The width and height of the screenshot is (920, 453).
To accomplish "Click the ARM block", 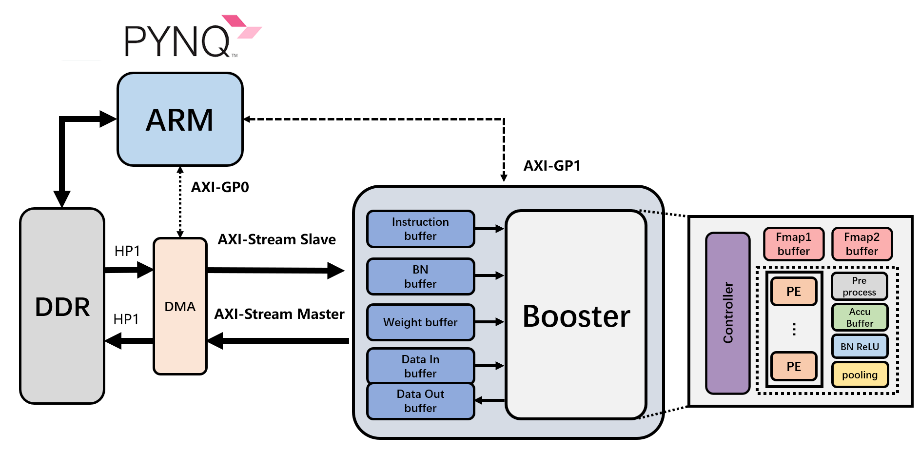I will click(180, 119).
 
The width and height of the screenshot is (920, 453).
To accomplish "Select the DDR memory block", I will click(62, 306).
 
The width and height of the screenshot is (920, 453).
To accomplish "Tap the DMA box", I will click(180, 306).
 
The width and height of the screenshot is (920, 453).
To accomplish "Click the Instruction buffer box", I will click(420, 229).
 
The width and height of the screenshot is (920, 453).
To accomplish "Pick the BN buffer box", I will click(420, 276).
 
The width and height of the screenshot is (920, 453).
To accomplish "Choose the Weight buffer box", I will click(420, 322).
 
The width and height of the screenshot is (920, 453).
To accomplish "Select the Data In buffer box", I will click(420, 366).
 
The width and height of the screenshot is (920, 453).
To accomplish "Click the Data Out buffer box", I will click(420, 401).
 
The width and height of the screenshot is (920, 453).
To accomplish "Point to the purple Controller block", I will click(727, 313).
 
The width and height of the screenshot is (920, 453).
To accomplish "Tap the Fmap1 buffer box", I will click(793, 244).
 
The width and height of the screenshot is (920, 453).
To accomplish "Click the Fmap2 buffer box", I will click(861, 244).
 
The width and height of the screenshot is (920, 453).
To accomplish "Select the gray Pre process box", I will click(859, 286).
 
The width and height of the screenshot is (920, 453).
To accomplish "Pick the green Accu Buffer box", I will click(859, 317).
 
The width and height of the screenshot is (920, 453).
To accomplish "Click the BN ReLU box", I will click(859, 347).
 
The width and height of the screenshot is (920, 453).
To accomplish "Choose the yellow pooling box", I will click(859, 374).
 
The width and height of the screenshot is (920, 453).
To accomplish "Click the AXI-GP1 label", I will click(551, 166).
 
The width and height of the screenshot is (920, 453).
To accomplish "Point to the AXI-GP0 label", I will click(220, 187).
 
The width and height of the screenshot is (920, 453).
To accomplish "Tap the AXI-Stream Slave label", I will click(276, 239).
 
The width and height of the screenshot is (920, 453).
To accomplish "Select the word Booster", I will click(576, 316).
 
